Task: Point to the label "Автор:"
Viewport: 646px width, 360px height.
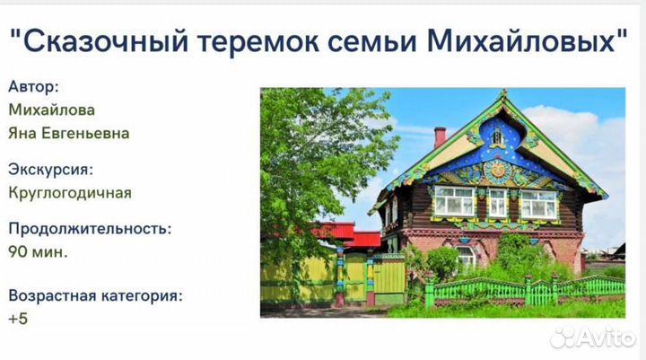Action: [x=34, y=87]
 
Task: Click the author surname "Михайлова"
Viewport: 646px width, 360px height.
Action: [x=51, y=110]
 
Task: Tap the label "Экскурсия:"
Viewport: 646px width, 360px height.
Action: [x=50, y=169]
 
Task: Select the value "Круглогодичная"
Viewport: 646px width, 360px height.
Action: [x=70, y=192]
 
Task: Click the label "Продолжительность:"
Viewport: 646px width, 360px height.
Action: [x=90, y=228]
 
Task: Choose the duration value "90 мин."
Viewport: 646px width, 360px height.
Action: [x=39, y=251]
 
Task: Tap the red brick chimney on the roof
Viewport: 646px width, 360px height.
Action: [x=440, y=136]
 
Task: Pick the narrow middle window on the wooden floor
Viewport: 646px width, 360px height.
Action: [x=496, y=202]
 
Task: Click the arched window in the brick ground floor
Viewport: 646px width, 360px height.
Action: [x=467, y=256]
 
